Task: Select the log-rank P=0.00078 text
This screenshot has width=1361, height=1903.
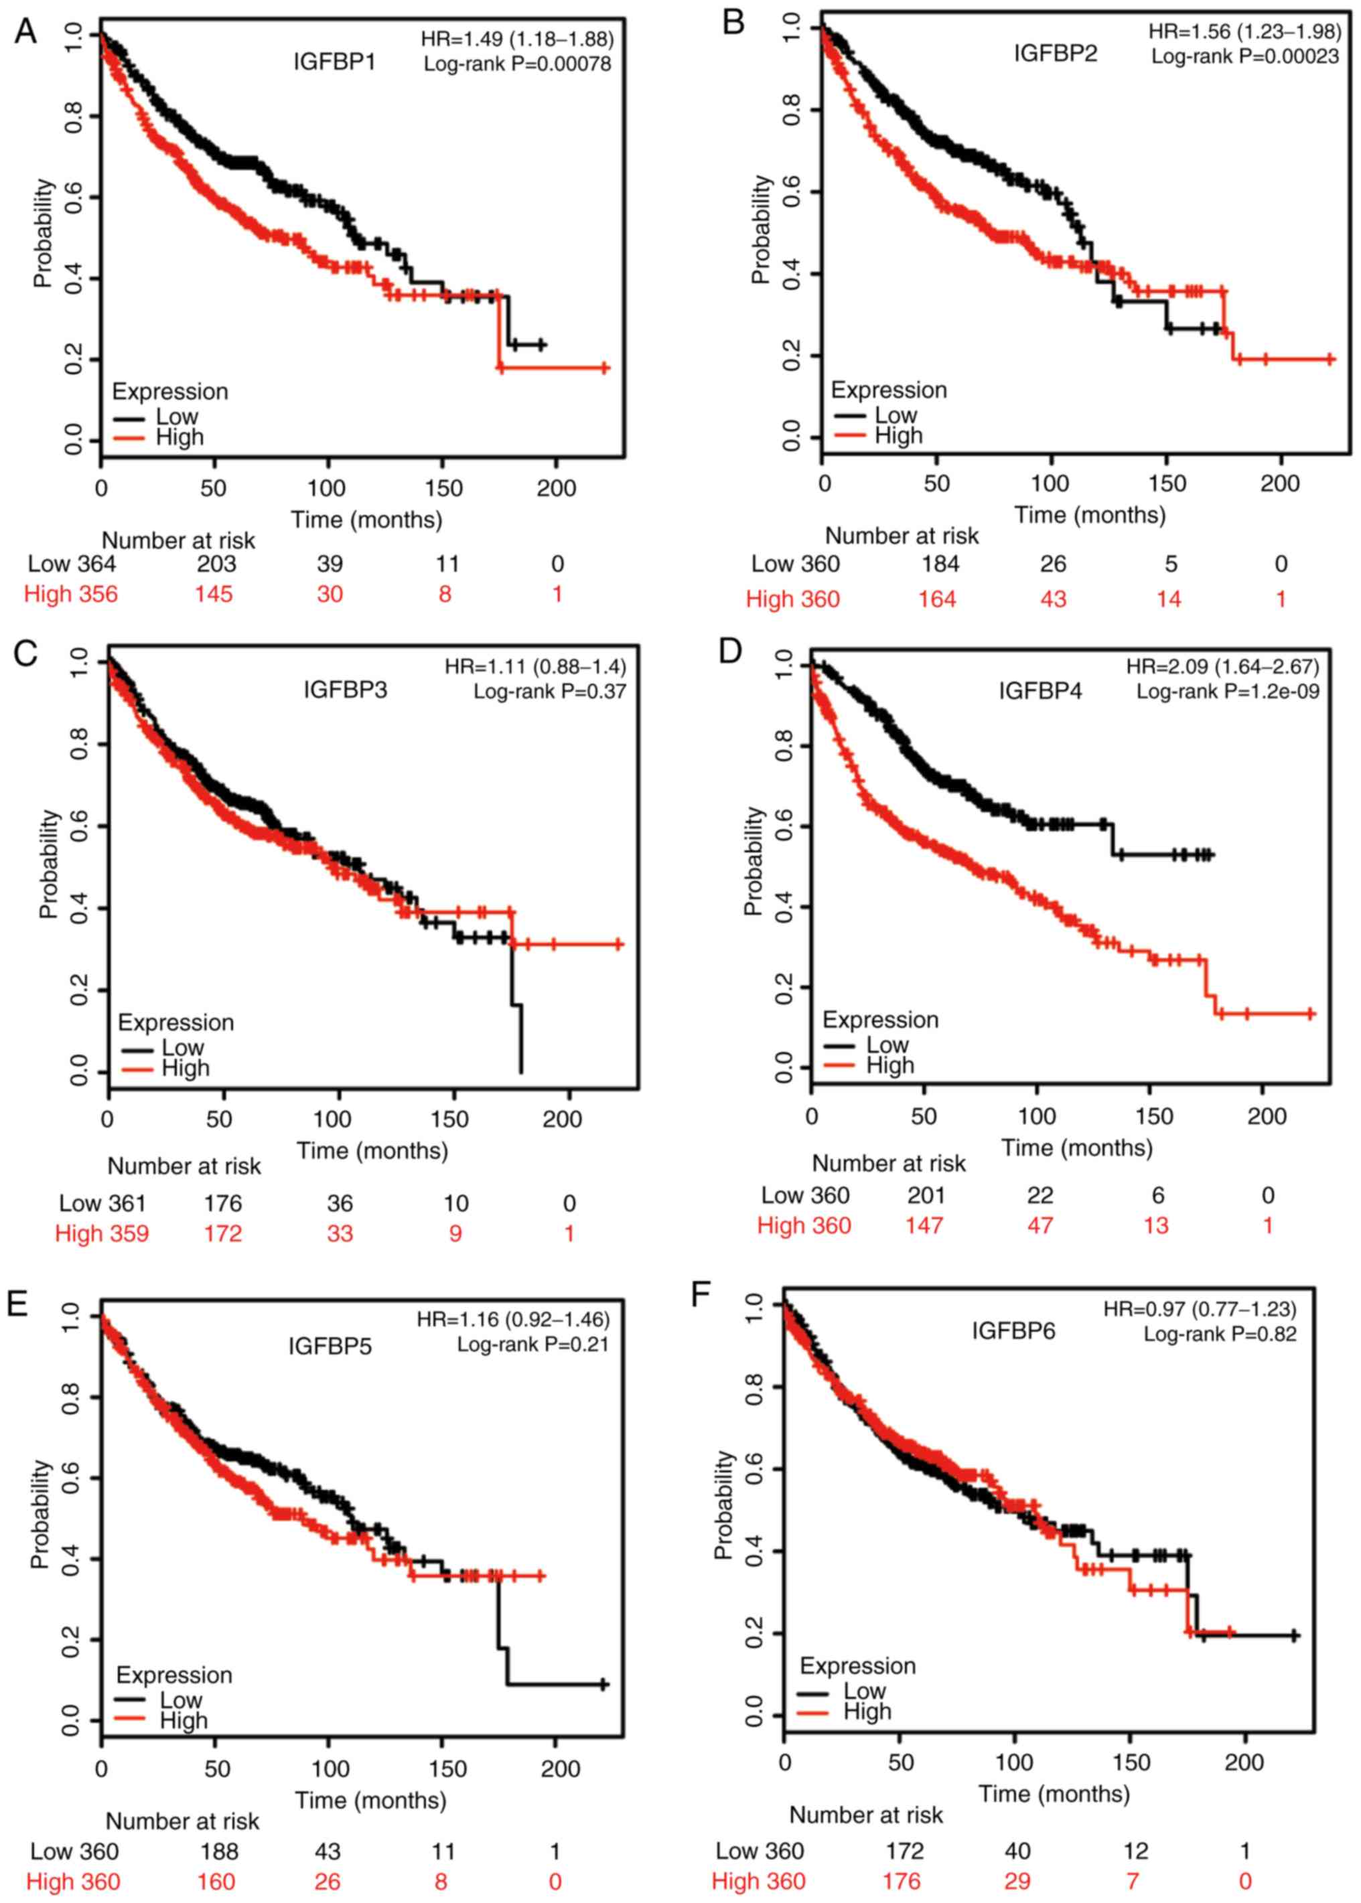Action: coord(517,64)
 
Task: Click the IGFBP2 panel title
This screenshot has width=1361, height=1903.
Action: coord(1055,54)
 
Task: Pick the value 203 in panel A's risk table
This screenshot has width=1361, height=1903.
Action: coord(216,564)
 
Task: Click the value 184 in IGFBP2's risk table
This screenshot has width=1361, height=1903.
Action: coord(940,564)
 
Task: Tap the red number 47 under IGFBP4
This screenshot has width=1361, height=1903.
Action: coord(1040,1225)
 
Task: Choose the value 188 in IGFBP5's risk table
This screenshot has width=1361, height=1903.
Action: coord(219,1850)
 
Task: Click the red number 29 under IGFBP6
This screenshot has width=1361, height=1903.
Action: coord(1017,1881)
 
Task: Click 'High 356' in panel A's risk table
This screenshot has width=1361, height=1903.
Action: coord(71,594)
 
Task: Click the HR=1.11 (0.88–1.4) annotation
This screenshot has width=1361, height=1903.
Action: coord(534,667)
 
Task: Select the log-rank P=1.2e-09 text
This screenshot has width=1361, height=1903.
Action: coord(1227,691)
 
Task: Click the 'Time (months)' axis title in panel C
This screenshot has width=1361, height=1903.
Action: coord(372,1151)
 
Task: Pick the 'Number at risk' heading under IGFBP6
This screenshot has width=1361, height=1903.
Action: coord(866,1815)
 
